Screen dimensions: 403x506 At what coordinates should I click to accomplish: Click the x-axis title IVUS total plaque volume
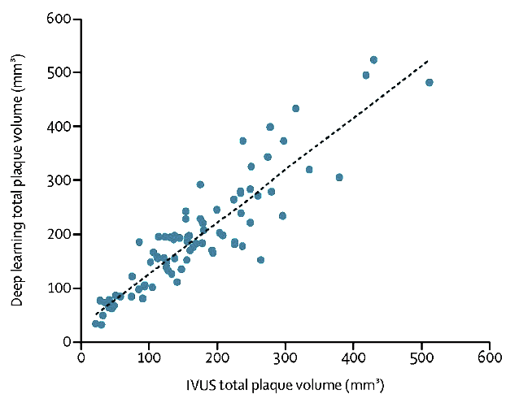[x=285, y=383]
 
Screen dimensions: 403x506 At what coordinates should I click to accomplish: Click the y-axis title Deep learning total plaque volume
[x=17, y=180]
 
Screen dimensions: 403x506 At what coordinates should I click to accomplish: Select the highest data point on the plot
[x=373, y=60]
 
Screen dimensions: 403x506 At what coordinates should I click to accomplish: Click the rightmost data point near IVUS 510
[x=429, y=82]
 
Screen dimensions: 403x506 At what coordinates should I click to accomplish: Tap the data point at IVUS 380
[x=339, y=177]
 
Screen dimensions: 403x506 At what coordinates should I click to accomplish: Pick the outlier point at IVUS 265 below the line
[x=260, y=260]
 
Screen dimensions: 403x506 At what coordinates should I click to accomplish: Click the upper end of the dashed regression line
[x=427, y=60]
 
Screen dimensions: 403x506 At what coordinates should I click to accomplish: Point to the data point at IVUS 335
[x=309, y=169]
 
